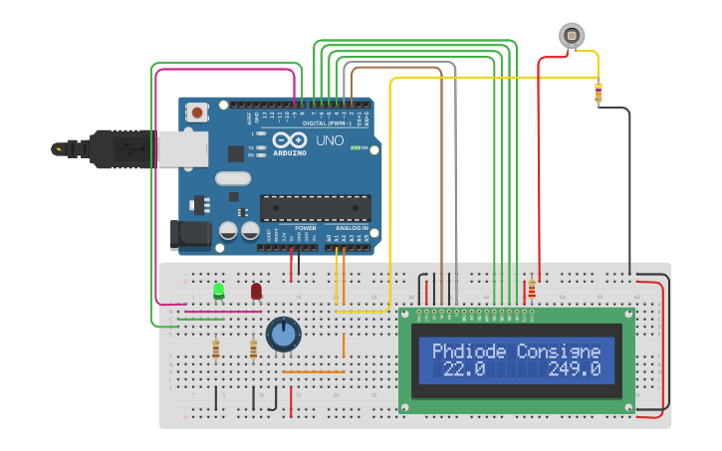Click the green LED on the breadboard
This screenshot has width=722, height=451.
(x=218, y=291)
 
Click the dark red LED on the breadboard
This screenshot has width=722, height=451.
(x=256, y=291)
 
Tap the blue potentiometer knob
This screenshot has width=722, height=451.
(x=283, y=335)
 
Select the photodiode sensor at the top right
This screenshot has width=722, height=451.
(x=571, y=35)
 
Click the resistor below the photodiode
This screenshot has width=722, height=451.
(x=598, y=94)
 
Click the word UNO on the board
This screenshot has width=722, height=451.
(x=330, y=140)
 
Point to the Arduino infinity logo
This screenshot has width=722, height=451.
(x=294, y=140)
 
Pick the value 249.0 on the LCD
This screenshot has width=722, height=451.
(x=575, y=369)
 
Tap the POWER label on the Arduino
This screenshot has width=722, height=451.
(x=305, y=228)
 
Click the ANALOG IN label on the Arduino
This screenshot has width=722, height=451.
(x=351, y=228)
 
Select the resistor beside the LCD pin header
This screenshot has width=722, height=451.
(x=531, y=291)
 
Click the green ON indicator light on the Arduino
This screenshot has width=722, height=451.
(x=356, y=148)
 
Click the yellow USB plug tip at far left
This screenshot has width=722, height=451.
(x=62, y=149)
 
